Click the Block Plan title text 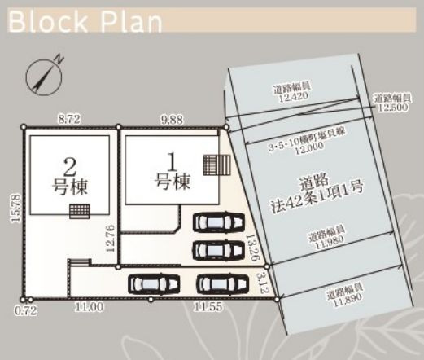tap(85, 20)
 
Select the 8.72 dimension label tap(68, 119)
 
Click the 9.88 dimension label tap(172, 119)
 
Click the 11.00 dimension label tap(90, 309)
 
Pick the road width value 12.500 tap(390, 103)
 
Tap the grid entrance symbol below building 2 tap(78, 210)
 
